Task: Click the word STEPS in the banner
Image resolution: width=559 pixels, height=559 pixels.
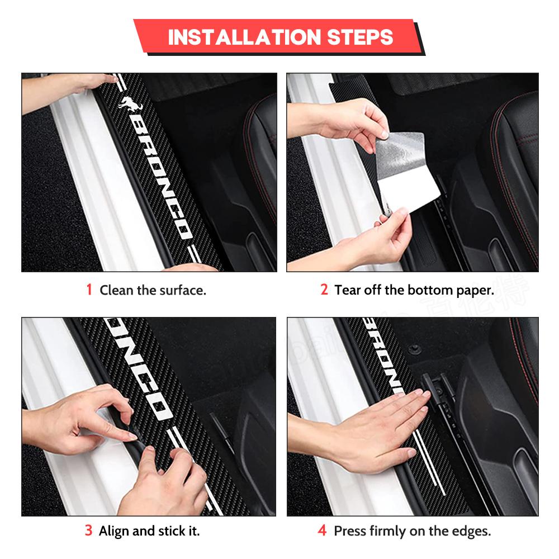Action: pos(357,37)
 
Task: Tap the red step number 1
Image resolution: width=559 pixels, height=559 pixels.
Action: pos(89,290)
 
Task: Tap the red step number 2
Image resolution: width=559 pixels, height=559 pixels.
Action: pos(324,290)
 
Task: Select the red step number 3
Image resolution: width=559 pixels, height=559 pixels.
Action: pos(88,530)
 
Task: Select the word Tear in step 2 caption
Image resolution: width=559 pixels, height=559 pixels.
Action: pos(347,290)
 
